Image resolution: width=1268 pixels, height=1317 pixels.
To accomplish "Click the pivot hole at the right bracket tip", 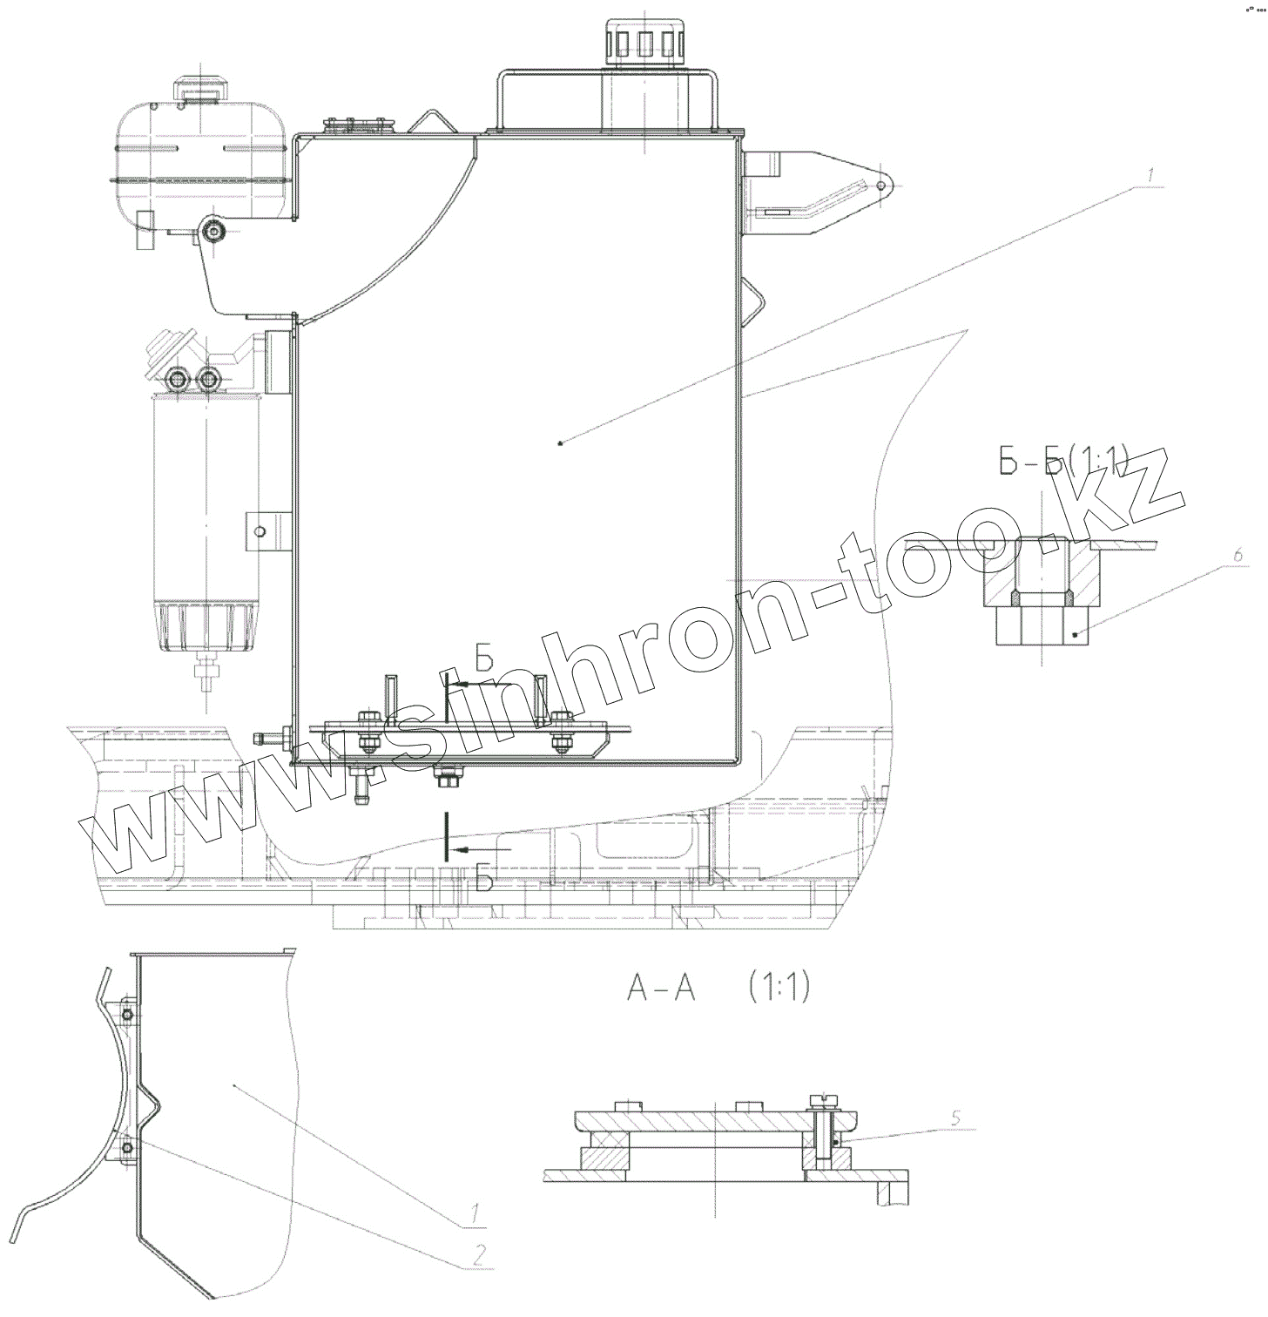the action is point(882,185).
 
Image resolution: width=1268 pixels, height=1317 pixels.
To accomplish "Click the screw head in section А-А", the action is point(821,1102).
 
